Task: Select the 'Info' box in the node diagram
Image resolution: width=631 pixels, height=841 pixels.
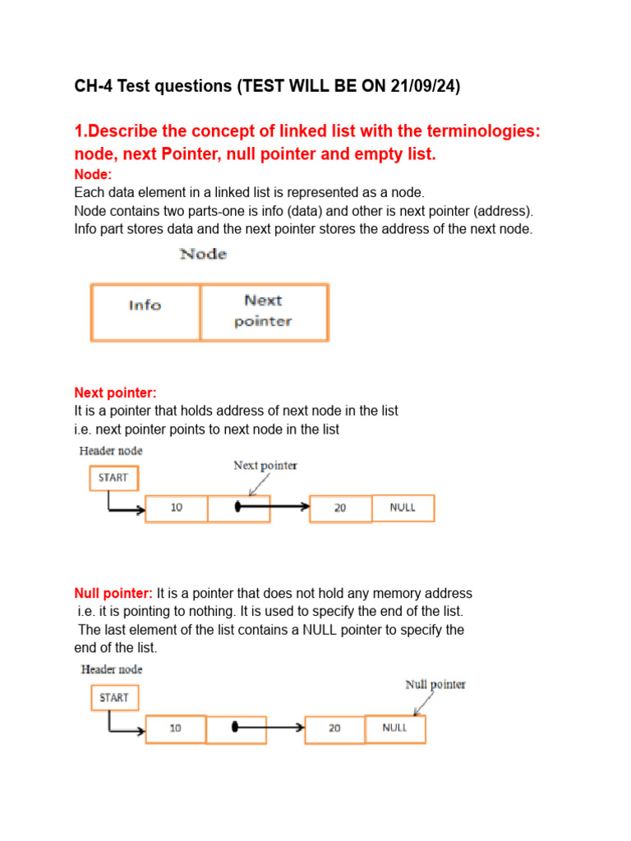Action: pyautogui.click(x=145, y=311)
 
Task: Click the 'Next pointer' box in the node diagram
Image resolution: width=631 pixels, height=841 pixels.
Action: pyautogui.click(x=264, y=311)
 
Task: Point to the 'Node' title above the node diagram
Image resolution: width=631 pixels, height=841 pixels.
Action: pyautogui.click(x=203, y=255)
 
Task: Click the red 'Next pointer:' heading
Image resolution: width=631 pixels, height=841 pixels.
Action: pyautogui.click(x=115, y=393)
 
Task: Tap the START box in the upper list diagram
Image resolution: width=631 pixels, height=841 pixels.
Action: pyautogui.click(x=113, y=478)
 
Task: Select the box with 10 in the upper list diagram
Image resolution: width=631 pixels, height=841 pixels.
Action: pyautogui.click(x=177, y=508)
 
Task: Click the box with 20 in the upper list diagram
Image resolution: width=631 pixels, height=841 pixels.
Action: pyautogui.click(x=340, y=508)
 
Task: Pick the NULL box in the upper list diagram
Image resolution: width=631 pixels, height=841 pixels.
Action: pyautogui.click(x=403, y=508)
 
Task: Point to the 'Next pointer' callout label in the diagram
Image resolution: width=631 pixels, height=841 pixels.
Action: pyautogui.click(x=265, y=466)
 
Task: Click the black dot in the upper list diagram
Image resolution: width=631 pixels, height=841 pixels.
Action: pyautogui.click(x=238, y=508)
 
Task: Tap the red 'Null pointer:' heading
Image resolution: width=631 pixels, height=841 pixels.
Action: pyautogui.click(x=113, y=593)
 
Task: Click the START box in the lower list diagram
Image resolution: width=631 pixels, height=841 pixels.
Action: pyautogui.click(x=113, y=698)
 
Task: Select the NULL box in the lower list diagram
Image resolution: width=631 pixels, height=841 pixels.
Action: pyautogui.click(x=394, y=728)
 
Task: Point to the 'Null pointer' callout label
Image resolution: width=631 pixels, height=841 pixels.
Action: pyautogui.click(x=435, y=684)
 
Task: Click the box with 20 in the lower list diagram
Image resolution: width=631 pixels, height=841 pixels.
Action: pyautogui.click(x=334, y=728)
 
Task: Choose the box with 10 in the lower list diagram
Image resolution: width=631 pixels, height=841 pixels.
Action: pyautogui.click(x=176, y=728)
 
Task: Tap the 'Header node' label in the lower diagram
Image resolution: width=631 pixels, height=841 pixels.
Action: pyautogui.click(x=111, y=669)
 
